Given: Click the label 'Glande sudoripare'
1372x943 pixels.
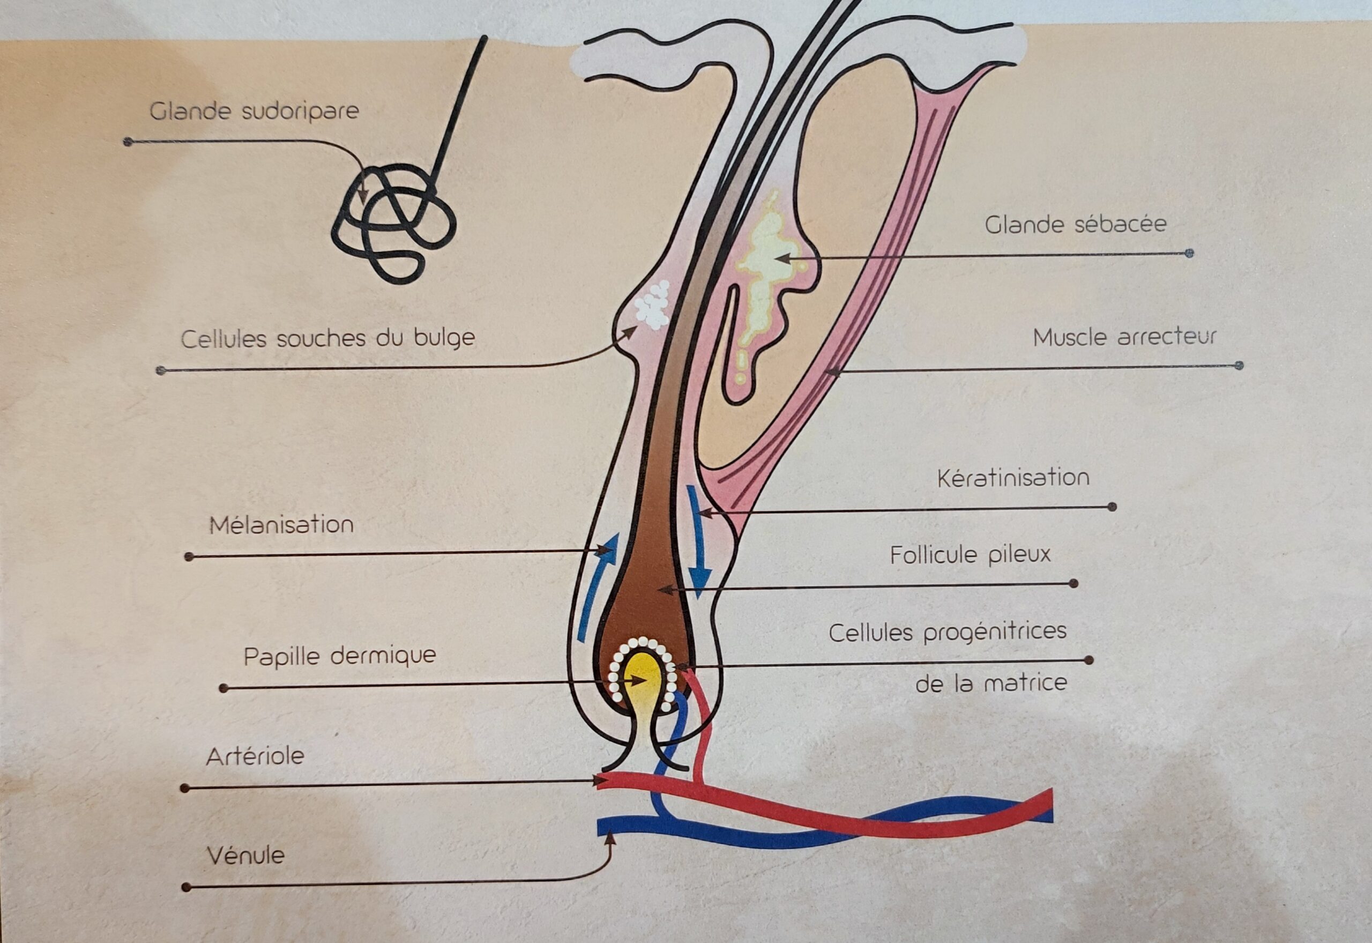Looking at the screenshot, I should coord(254,111).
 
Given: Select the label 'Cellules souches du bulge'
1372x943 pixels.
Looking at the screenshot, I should coord(328,339).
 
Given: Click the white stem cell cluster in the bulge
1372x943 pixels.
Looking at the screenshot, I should coord(654,305).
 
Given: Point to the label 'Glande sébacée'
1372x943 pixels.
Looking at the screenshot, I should coord(1076,225).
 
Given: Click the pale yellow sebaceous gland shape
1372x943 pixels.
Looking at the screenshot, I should coord(768,260).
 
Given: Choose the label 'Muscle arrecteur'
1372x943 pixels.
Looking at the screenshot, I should coord(1124,337).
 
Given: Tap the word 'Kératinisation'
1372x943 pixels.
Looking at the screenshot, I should coord(1013,478).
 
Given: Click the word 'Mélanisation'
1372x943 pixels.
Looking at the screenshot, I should coord(282,525).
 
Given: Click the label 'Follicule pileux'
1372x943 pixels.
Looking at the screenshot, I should coord(971,555).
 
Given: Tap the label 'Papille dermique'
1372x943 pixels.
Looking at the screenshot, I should coord(340,656).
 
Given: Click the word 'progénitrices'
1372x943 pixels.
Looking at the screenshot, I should coord(995,632).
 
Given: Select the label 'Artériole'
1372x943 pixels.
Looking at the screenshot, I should coord(255,757).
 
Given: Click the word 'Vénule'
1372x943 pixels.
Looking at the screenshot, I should coord(245,855).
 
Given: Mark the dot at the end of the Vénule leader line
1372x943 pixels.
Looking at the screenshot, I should coord(186,887).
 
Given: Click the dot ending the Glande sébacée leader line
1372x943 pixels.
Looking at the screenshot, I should coord(1189,254).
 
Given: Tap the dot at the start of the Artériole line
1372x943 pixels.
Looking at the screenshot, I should coord(184,788).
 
